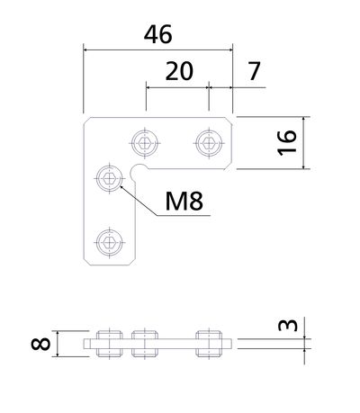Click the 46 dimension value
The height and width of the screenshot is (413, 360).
point(158,34)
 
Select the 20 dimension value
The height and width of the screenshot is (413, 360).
point(179,71)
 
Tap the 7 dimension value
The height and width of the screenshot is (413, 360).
point(254,71)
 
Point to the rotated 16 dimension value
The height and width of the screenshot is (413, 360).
point(287,143)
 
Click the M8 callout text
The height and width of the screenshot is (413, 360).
point(184,201)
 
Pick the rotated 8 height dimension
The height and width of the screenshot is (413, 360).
point(40,344)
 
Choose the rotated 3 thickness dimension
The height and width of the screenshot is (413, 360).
point(288,325)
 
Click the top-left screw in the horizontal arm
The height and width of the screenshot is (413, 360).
point(145,143)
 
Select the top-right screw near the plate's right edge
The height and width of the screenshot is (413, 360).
point(209,143)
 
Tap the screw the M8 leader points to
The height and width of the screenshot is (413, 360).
point(110,179)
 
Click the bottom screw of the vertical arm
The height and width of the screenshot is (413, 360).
point(110,242)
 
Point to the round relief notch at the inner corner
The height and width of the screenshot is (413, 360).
point(138,172)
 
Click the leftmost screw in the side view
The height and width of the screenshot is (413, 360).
point(110,344)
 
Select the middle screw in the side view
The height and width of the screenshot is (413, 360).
point(145,344)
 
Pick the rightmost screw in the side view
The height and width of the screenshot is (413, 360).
point(209,344)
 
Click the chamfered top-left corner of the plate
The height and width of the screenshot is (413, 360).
point(86,121)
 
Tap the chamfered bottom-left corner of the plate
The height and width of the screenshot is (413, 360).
point(86,262)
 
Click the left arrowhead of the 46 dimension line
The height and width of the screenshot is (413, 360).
point(86,49)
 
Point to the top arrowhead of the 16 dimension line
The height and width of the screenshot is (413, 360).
point(303,120)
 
